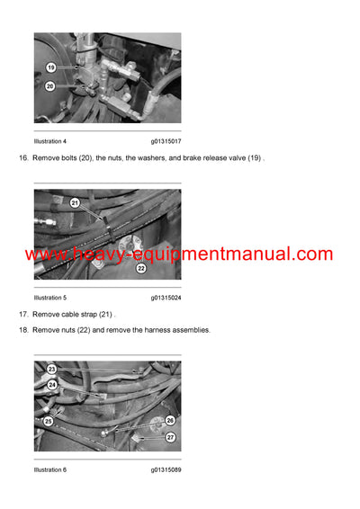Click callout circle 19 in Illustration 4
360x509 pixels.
coord(50,67)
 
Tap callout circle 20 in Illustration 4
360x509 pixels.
coord(50,86)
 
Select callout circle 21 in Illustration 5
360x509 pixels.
coord(76,202)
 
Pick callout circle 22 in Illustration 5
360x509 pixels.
coord(141,267)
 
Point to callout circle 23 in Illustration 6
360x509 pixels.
coord(51,370)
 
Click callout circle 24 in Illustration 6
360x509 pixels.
coord(52,385)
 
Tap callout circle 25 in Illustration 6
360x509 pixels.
coord(49,421)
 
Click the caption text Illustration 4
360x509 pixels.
coord(50,141)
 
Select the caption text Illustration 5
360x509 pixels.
coord(50,297)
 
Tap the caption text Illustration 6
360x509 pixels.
coord(50,469)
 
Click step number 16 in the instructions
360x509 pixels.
coord(22,158)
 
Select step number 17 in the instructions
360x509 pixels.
coord(22,314)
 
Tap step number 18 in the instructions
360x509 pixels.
coord(22,330)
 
